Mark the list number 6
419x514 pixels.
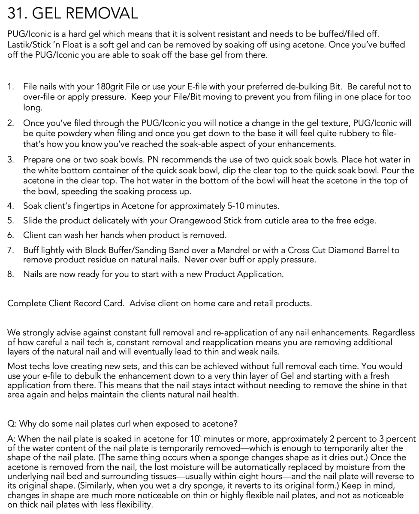pos(10,236)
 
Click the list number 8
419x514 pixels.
pos(10,275)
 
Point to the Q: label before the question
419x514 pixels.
pos(12,424)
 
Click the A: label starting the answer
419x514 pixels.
pos(12,439)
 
